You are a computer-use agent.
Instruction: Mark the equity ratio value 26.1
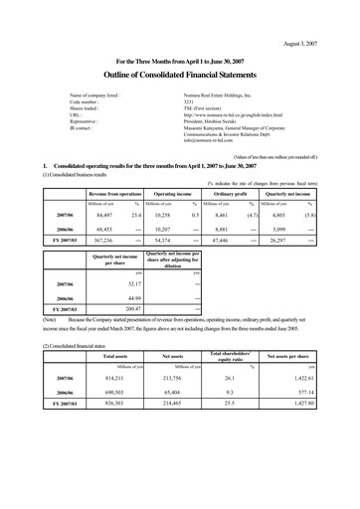coord(258,433)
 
